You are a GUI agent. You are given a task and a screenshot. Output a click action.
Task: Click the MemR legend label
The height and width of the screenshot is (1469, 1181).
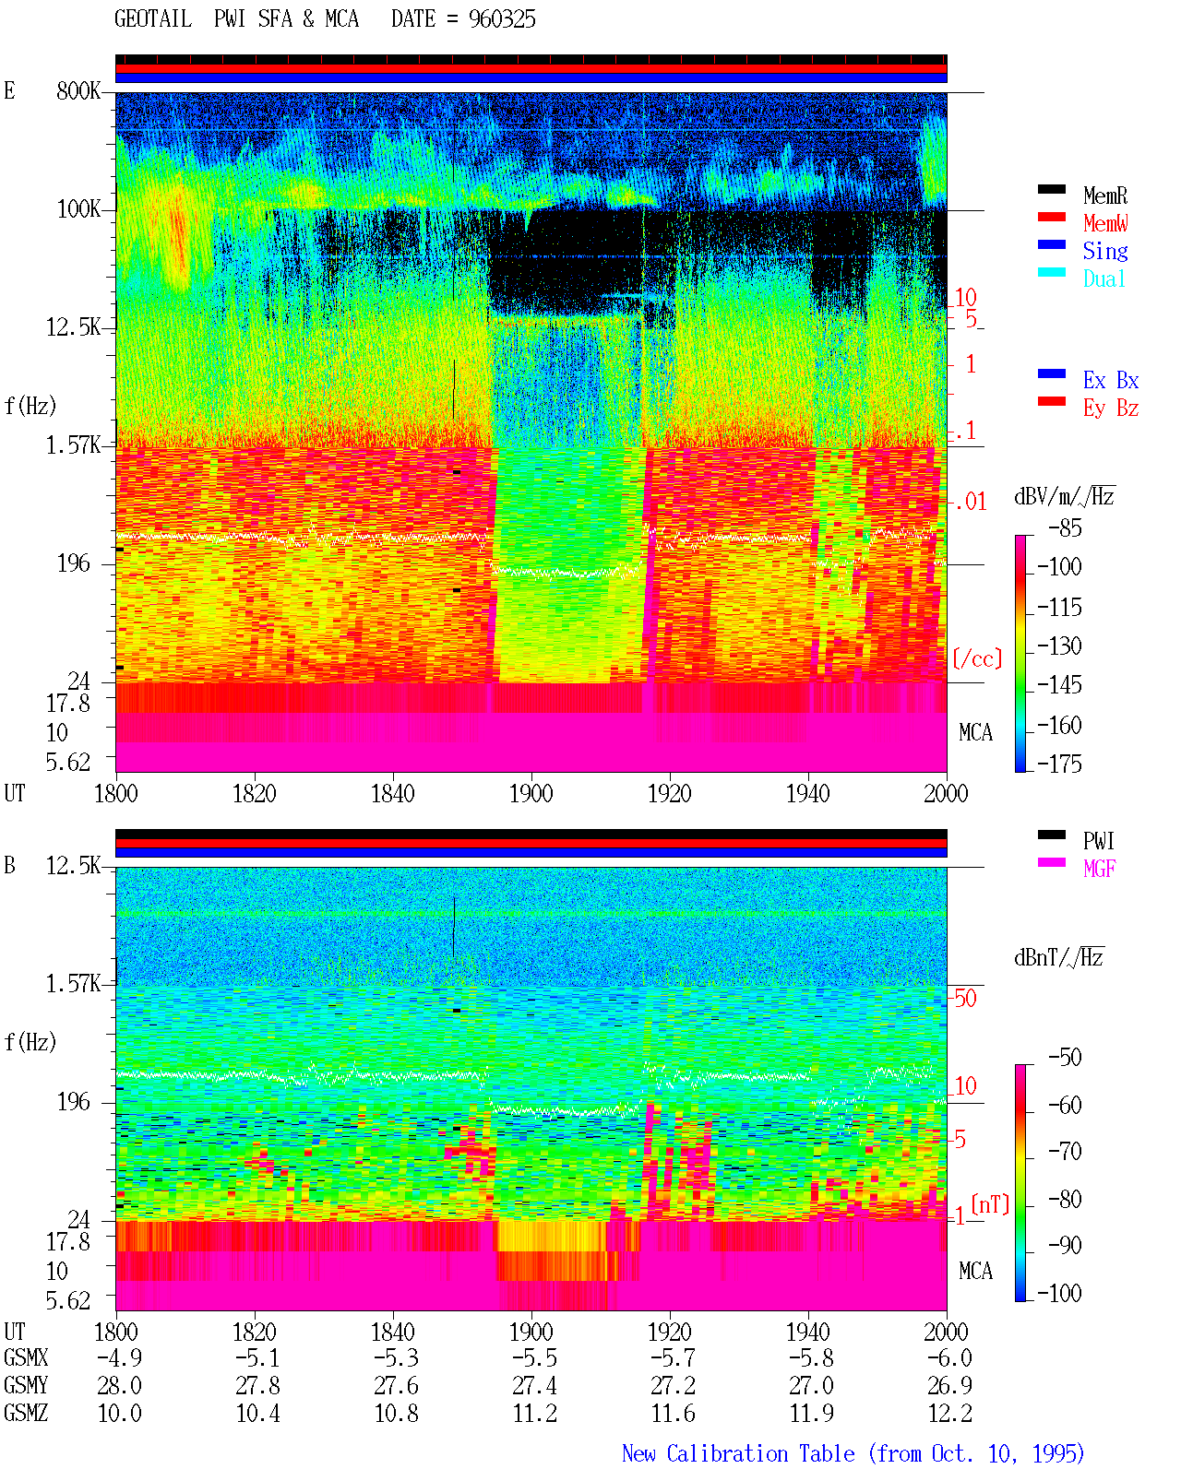coord(1104,195)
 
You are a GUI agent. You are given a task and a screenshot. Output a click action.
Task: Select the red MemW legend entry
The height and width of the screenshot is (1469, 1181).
coord(1105,222)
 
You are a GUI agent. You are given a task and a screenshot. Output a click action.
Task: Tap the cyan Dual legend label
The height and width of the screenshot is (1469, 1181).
coord(1103,278)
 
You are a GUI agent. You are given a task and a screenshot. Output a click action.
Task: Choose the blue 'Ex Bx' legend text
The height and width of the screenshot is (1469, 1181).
coord(1110,380)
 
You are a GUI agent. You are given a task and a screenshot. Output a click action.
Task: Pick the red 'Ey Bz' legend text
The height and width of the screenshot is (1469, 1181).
coord(1110,409)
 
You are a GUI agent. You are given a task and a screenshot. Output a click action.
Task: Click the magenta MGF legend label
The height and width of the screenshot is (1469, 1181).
coord(1099,869)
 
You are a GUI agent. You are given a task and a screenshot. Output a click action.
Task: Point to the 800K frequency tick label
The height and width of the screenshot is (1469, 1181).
coord(78,90)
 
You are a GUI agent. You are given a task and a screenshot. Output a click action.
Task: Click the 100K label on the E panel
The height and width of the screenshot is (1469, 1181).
coord(78,209)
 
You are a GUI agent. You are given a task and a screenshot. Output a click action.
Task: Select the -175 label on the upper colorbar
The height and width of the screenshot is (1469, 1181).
coord(1059,764)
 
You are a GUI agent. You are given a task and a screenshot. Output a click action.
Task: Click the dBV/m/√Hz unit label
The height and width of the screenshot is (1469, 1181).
coord(1064,496)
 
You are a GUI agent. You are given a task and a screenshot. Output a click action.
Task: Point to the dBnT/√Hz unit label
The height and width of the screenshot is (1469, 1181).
coord(1058,958)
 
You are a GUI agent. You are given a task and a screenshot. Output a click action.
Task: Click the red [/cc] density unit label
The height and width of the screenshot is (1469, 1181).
coord(977,658)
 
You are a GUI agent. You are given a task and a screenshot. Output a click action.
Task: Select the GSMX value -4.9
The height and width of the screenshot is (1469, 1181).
coord(120,1357)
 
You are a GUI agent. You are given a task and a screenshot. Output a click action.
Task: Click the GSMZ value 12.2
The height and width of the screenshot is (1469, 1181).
coord(949,1413)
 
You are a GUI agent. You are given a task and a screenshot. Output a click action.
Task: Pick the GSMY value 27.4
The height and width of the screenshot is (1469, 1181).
coord(534,1386)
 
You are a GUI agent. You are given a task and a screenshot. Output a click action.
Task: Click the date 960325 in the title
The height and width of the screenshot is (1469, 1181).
coord(502,19)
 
